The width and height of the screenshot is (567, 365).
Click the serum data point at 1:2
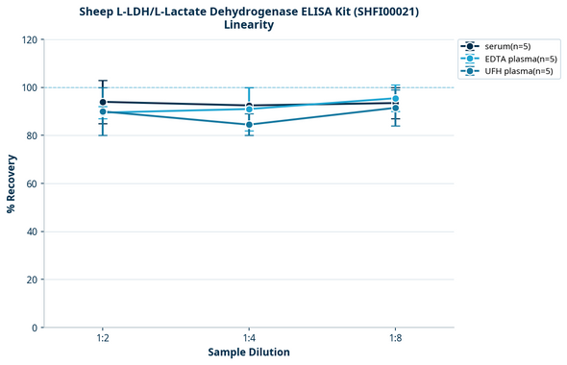tap(103, 102)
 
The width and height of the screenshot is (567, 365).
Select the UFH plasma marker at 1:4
tap(249, 125)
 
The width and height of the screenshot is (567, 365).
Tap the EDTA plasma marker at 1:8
tap(395, 98)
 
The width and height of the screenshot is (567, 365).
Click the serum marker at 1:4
tap(249, 106)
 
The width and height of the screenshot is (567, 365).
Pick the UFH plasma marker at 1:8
tap(395, 109)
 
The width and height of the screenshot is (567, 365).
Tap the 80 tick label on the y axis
tap(32, 135)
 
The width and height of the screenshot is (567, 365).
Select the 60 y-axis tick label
tap(32, 183)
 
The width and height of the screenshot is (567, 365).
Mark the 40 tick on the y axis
tap(32, 231)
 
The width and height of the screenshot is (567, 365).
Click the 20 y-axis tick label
tap(32, 280)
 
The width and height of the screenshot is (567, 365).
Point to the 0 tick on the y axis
tap(35, 328)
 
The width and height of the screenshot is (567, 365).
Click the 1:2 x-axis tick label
tap(103, 339)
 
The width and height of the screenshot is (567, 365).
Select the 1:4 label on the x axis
tap(249, 339)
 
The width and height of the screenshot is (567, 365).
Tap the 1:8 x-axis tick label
tap(395, 339)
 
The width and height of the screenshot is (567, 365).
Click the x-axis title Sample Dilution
tap(249, 353)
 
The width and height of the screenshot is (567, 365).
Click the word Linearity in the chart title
tap(249, 25)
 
